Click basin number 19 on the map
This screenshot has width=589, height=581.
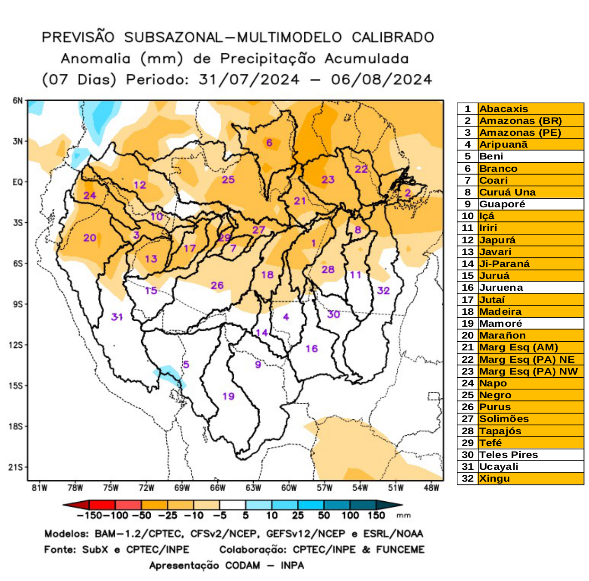tap(228, 396)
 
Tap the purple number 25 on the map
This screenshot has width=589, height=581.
tap(228, 180)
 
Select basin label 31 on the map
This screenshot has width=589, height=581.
tap(117, 316)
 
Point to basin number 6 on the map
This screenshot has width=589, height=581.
tap(269, 143)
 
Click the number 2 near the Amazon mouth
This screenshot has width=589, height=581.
tap(408, 193)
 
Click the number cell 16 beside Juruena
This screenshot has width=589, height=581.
tap(467, 288)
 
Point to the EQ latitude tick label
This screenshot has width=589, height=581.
tap(17, 182)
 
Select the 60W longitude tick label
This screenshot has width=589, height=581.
tap(289, 488)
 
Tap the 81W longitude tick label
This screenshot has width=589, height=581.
tap(40, 488)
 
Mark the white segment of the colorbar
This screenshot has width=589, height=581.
tap(232, 505)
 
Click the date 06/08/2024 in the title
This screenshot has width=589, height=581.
tap(381, 80)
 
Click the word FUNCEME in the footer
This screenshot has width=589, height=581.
tap(400, 550)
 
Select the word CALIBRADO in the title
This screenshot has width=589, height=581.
tap(393, 37)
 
